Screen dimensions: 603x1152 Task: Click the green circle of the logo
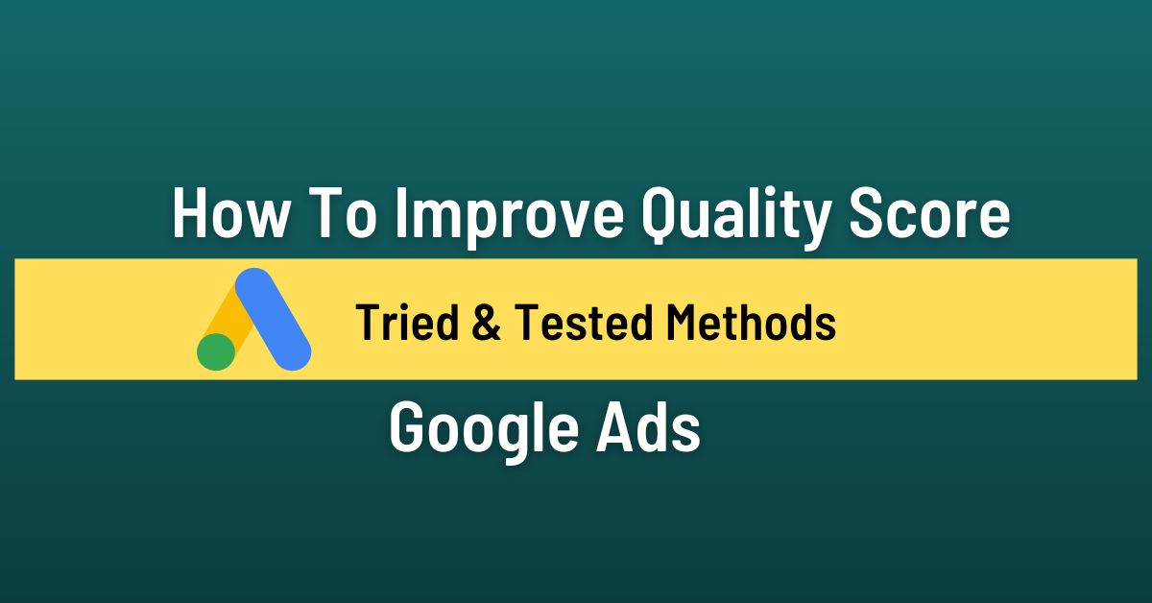[x=216, y=351]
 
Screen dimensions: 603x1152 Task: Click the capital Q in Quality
[x=661, y=214]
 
